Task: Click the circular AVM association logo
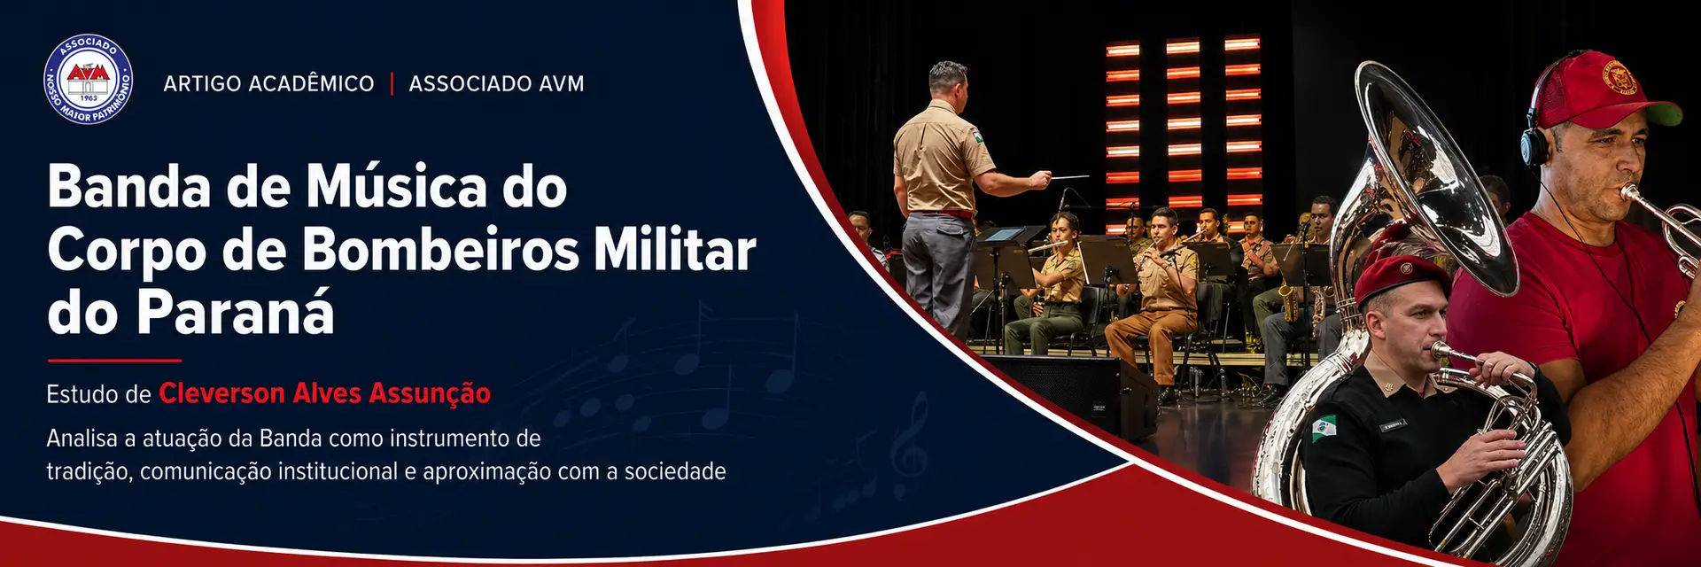89,80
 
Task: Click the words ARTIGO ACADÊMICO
268,84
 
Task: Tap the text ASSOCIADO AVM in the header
496,84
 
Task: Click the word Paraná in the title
235,311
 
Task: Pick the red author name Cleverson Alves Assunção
324,392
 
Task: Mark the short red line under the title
114,361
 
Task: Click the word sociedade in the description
675,471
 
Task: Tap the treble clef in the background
910,446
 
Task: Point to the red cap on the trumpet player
1604,89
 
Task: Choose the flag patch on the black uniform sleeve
1324,428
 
